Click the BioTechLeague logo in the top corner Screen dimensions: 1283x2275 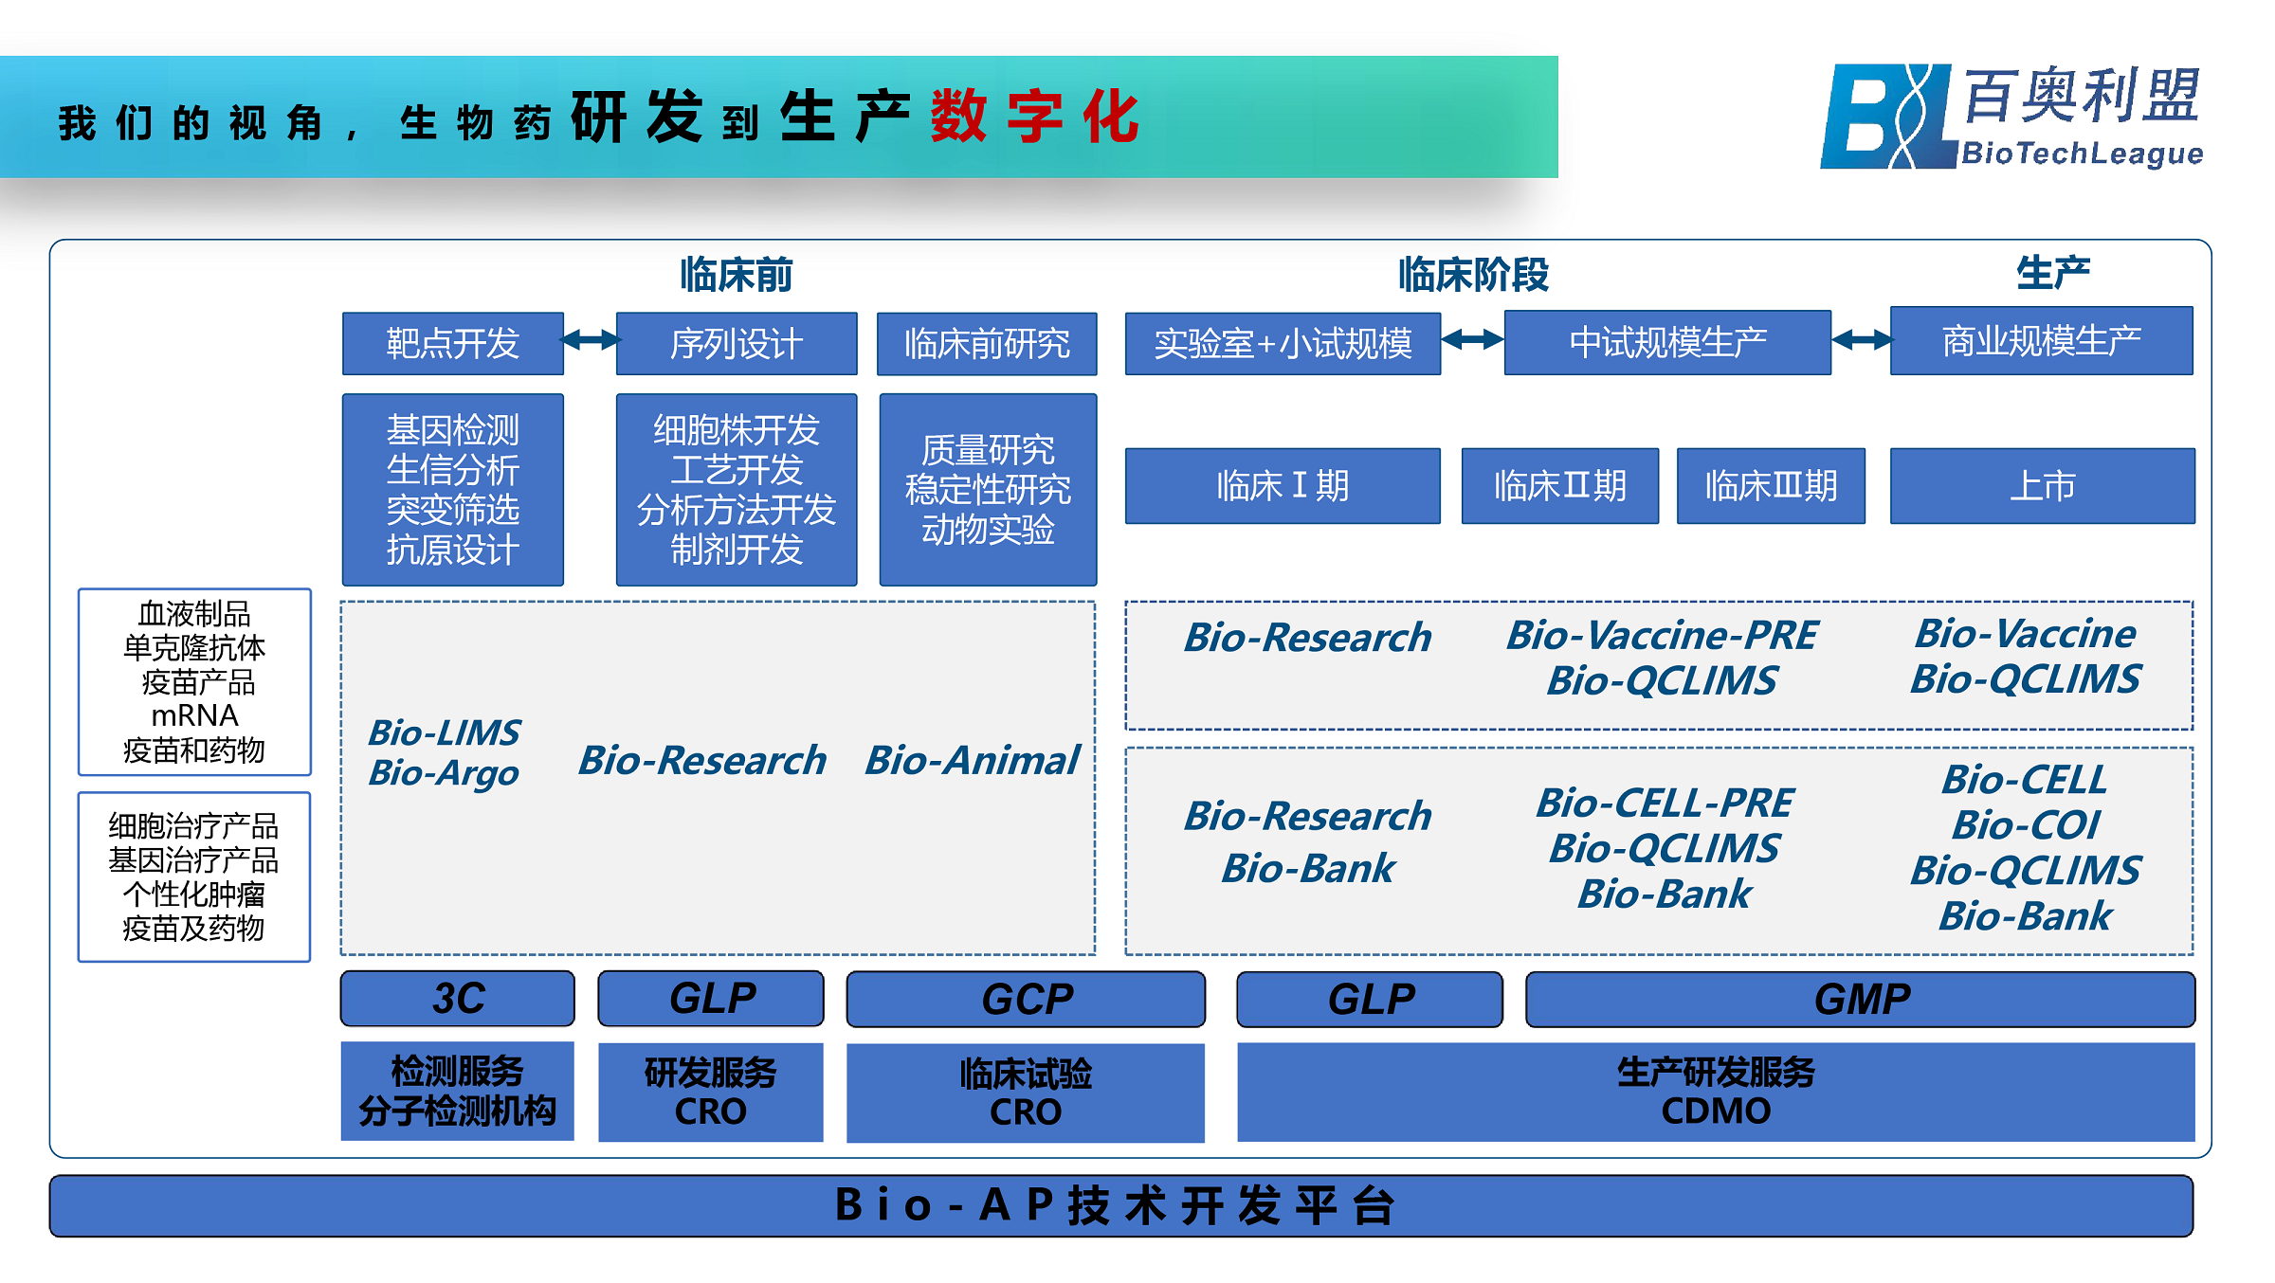(2010, 117)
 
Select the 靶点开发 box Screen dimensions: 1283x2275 (452, 343)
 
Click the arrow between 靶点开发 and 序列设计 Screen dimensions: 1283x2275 (590, 340)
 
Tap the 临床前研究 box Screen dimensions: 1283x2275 (986, 343)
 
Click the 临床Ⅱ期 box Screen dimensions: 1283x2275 (1559, 486)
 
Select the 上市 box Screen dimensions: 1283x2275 (2042, 486)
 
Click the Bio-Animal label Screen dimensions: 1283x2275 (972, 760)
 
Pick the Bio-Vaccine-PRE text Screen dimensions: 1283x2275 (1662, 635)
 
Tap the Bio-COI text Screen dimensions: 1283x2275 (2026, 824)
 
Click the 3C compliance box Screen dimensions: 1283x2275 (457, 999)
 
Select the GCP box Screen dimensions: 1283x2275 (1026, 1000)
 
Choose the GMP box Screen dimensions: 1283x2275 (1860, 1000)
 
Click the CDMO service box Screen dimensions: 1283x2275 (1715, 1092)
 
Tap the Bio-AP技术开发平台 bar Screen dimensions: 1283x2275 (1120, 1205)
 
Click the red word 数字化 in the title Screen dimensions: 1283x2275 (1034, 117)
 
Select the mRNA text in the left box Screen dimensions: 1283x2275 (194, 714)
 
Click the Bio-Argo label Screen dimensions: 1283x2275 (444, 773)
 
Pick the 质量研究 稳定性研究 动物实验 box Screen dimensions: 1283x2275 (988, 489)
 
